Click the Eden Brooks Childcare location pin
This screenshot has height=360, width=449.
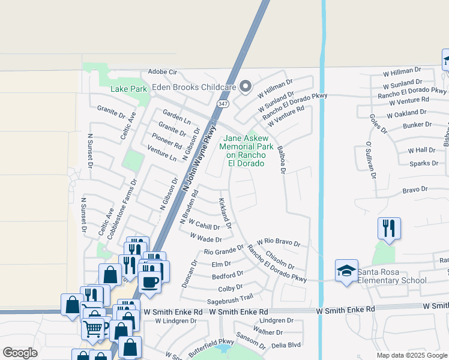[245, 87]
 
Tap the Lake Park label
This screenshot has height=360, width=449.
[129, 89]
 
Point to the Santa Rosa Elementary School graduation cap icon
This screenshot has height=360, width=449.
[346, 271]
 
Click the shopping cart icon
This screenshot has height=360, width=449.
[93, 328]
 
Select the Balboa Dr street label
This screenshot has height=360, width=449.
[280, 159]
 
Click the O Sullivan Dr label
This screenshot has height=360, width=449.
[370, 160]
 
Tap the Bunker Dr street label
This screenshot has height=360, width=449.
[417, 125]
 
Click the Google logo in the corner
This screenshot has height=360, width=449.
[20, 353]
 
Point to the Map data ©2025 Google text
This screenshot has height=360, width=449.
[412, 355]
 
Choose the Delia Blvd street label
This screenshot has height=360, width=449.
[286, 345]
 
